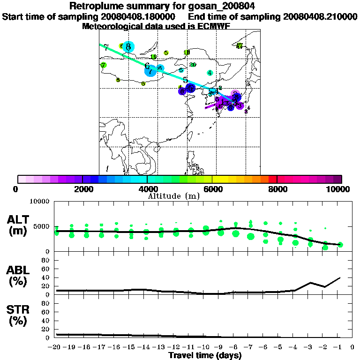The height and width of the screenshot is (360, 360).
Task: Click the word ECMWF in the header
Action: (x=215, y=26)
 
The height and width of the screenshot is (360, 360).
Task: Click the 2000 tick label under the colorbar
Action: (x=82, y=189)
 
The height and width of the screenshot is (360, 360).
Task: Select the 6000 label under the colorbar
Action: (x=212, y=189)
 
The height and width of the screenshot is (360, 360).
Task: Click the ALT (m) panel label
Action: (x=19, y=225)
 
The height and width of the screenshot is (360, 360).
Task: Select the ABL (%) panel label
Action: (x=19, y=277)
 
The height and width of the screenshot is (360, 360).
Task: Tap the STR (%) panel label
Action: (x=19, y=315)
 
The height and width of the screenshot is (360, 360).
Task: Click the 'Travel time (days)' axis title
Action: (x=205, y=356)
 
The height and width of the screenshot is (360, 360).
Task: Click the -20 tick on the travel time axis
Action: (x=56, y=347)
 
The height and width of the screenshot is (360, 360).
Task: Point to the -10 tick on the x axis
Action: (x=205, y=347)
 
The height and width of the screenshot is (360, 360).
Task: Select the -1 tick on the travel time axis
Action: (x=339, y=347)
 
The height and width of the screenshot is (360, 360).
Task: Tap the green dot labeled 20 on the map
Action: (x=192, y=65)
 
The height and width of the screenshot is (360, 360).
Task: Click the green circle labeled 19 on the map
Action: (x=154, y=57)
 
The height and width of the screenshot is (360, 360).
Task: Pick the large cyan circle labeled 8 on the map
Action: (x=128, y=46)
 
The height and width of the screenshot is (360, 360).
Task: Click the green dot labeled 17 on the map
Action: (x=239, y=46)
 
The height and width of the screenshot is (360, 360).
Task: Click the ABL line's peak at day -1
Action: (x=340, y=277)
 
